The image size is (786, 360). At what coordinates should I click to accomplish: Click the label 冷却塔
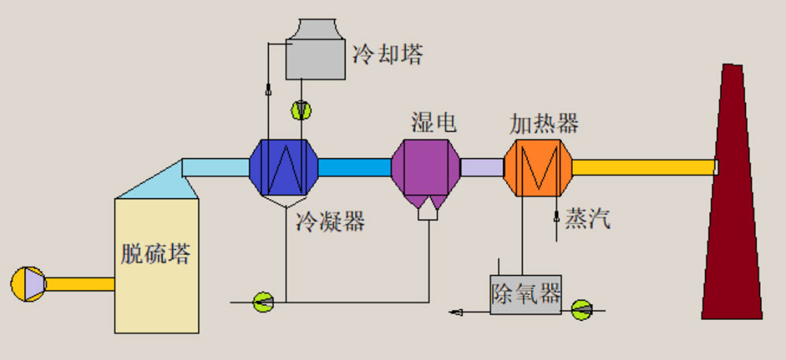click(x=387, y=55)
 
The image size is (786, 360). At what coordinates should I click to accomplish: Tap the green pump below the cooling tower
click(x=301, y=110)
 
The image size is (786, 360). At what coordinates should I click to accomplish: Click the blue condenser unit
click(x=284, y=167)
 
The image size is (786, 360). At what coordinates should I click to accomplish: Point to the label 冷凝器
click(x=330, y=222)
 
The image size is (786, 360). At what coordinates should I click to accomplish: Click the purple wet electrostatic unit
click(x=425, y=167)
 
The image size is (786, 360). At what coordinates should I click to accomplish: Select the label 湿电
click(x=433, y=123)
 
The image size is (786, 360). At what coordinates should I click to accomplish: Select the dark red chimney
click(x=732, y=204)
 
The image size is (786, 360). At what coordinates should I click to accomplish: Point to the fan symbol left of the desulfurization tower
click(x=28, y=284)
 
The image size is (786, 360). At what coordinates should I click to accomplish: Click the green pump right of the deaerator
click(x=582, y=310)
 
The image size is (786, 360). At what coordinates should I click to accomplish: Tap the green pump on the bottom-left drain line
click(x=263, y=300)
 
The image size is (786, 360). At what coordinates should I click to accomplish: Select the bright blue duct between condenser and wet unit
click(x=354, y=167)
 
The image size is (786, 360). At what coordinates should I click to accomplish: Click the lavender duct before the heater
click(x=481, y=167)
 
